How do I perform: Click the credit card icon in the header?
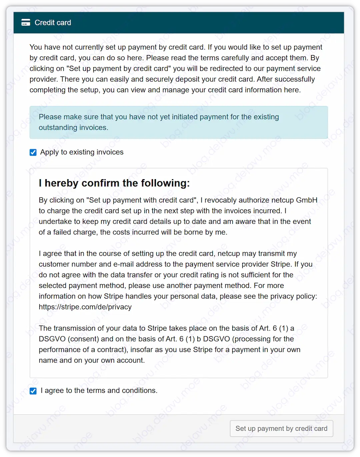tap(26, 23)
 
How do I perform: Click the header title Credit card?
tap(53, 23)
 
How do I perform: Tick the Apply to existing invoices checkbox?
tap(33, 152)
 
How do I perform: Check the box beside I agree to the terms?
tap(33, 391)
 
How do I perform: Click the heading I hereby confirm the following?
tap(114, 183)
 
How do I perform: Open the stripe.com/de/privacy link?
tap(85, 307)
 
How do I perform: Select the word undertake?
tap(55, 221)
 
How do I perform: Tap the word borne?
tap(193, 232)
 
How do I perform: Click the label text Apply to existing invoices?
tap(82, 152)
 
